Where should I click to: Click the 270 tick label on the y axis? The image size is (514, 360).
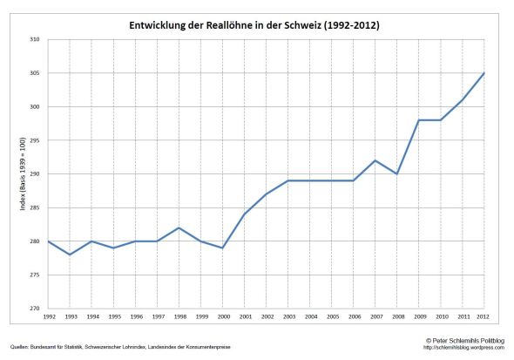pyautogui.click(x=35, y=309)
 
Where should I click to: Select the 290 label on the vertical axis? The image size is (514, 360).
pyautogui.click(x=35, y=174)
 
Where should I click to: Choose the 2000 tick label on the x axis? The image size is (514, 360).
pyautogui.click(x=222, y=316)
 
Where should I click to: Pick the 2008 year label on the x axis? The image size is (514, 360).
pyautogui.click(x=397, y=316)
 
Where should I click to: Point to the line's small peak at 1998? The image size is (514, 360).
pyautogui.click(x=179, y=228)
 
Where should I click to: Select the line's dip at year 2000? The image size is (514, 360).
pyautogui.click(x=222, y=248)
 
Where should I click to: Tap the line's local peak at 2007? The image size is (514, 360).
pyautogui.click(x=375, y=160)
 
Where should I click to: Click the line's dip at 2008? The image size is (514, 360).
pyautogui.click(x=397, y=174)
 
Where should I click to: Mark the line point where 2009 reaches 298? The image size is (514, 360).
pyautogui.click(x=419, y=120)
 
